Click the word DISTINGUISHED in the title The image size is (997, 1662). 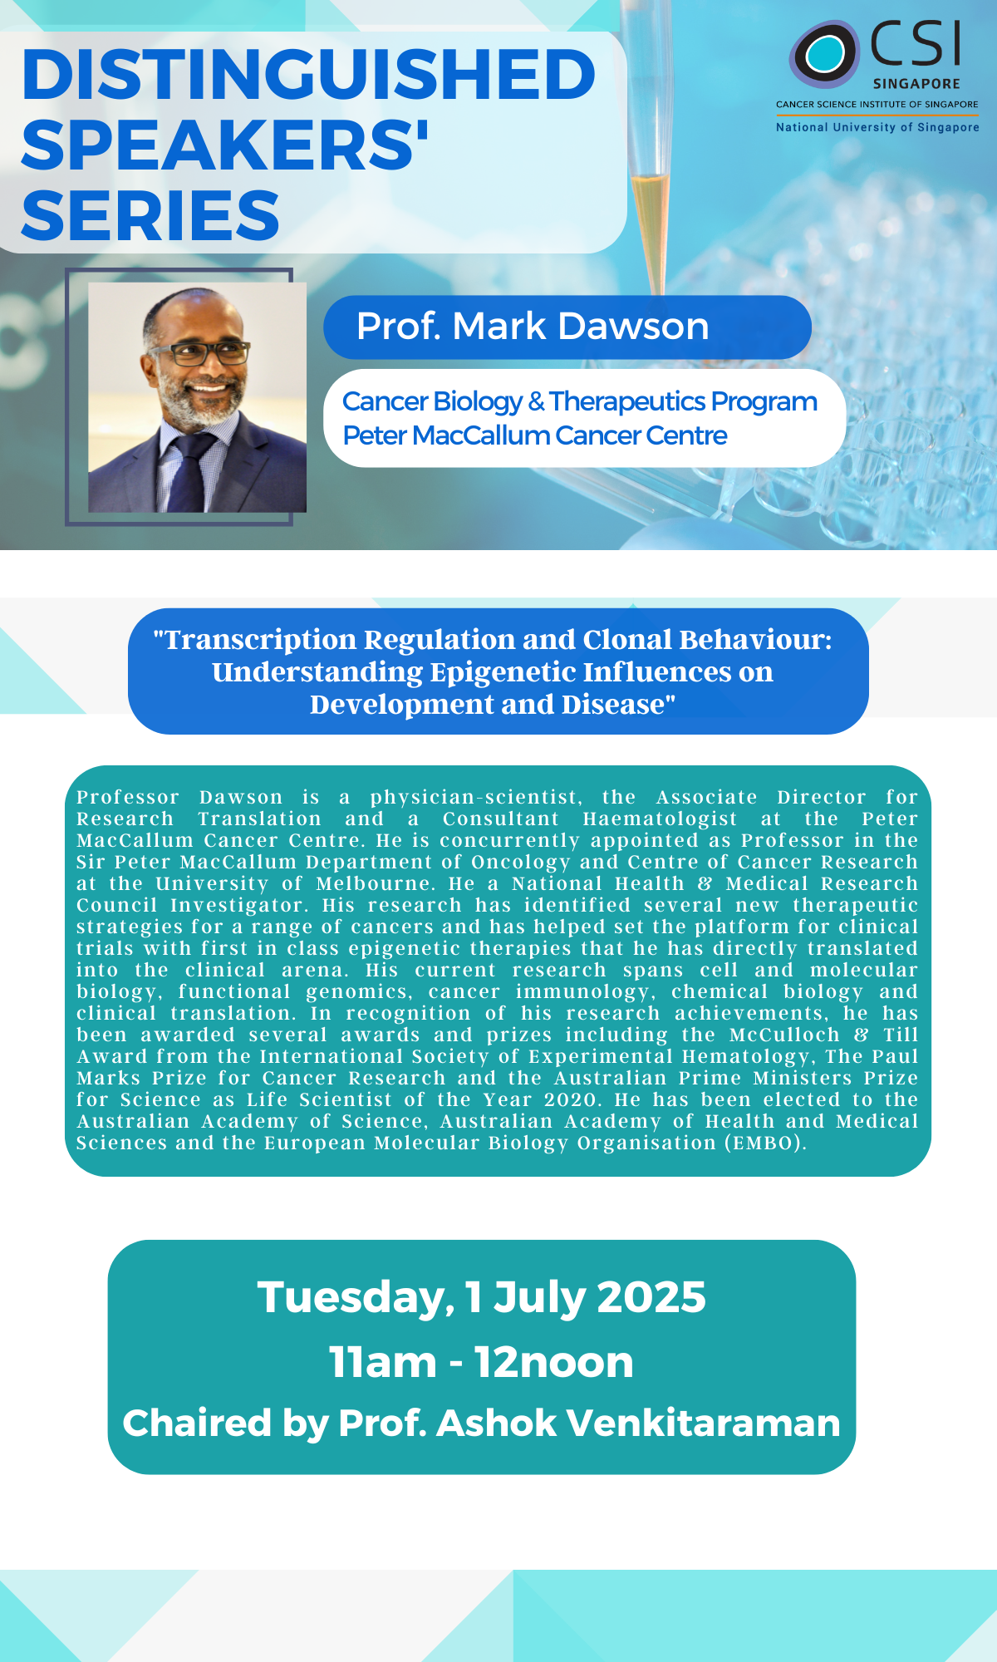click(309, 74)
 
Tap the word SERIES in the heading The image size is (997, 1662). click(150, 215)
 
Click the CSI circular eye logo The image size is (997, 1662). click(824, 54)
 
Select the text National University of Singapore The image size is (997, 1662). click(877, 127)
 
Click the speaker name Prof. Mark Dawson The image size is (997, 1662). click(533, 326)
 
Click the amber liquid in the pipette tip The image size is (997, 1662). click(651, 216)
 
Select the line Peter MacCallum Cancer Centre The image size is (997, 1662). click(535, 435)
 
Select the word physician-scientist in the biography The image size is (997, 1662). click(475, 798)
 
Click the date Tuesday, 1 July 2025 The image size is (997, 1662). click(482, 1297)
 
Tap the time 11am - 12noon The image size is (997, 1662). click(482, 1362)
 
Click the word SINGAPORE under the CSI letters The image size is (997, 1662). click(916, 84)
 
